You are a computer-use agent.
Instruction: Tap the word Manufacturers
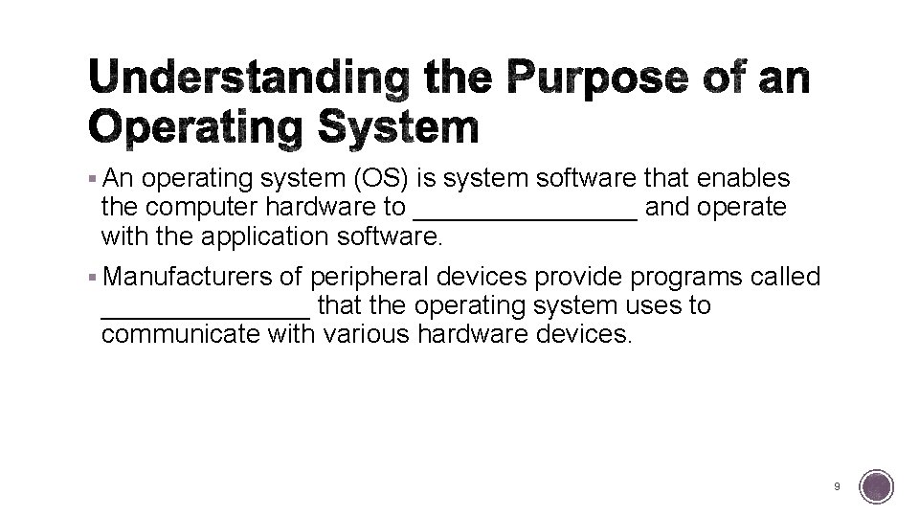click(x=188, y=277)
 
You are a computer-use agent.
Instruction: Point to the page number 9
click(x=838, y=486)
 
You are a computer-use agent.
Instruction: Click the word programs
click(x=676, y=277)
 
